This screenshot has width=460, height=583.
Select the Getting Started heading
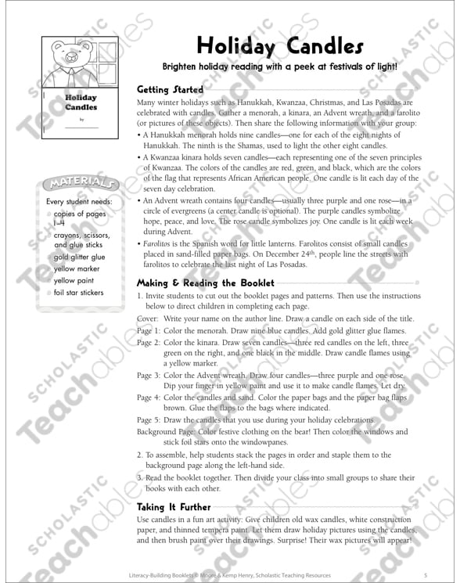point(170,90)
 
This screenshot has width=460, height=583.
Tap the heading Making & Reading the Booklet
point(205,283)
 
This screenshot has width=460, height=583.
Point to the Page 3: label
point(147,376)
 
